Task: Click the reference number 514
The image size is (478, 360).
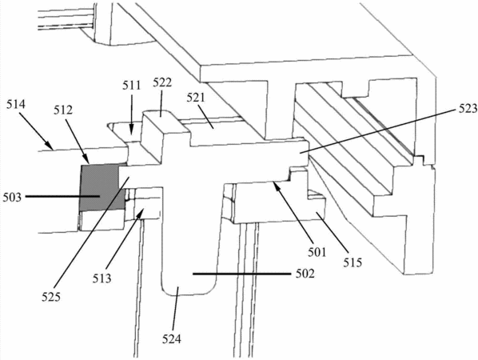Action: [16, 105]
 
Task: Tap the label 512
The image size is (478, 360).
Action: [63, 110]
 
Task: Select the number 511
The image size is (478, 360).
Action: [132, 86]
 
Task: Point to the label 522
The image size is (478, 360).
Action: [162, 82]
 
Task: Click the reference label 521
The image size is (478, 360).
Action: [195, 98]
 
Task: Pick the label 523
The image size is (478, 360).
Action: [467, 109]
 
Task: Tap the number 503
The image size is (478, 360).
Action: [12, 198]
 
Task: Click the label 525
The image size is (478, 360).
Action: [51, 297]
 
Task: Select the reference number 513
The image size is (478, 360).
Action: [102, 278]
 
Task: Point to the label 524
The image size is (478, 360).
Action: [171, 339]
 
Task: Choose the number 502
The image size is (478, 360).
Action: [305, 274]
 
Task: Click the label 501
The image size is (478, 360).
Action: [317, 252]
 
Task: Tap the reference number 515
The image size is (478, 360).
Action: [353, 262]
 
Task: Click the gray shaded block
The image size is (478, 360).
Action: [100, 188]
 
